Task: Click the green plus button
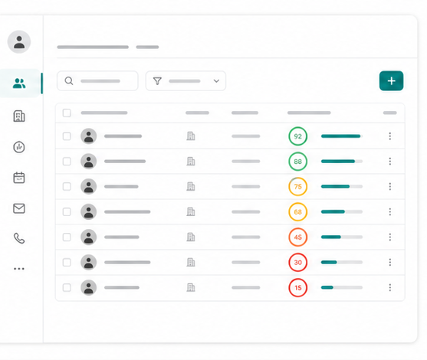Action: (391, 81)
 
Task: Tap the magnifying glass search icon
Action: (69, 81)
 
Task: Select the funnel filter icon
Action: (157, 81)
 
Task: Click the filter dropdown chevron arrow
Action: (216, 81)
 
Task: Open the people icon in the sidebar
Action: (19, 83)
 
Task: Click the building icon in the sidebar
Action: (19, 116)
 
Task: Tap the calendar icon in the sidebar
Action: (19, 178)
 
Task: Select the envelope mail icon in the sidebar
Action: (19, 208)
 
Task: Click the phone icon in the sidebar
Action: (19, 238)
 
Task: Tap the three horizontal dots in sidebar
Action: (19, 269)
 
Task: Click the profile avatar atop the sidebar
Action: (19, 42)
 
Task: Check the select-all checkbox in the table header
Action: (67, 113)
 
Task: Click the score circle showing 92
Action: (298, 136)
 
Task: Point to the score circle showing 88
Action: (298, 162)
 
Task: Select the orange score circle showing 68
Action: (298, 211)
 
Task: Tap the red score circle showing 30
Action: (298, 262)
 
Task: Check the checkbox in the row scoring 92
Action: (67, 136)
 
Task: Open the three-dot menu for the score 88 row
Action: (390, 162)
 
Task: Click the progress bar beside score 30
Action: (342, 262)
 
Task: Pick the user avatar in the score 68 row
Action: (88, 211)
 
